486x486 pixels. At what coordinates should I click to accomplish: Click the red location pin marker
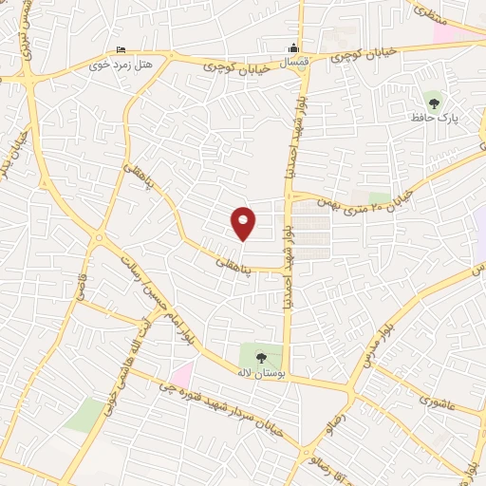pos(244,222)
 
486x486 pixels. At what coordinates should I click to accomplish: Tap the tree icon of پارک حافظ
pos(435,100)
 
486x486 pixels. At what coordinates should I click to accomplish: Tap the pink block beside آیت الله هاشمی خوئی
pos(181,373)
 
